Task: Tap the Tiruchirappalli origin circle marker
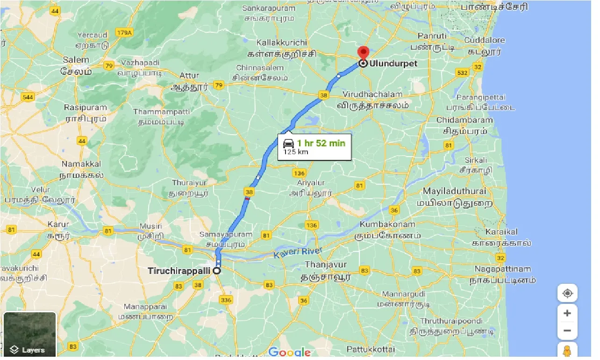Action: coord(217,271)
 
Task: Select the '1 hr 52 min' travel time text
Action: coord(321,143)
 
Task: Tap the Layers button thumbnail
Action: coord(30,334)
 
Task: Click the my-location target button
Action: coord(567,294)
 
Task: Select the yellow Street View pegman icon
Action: coord(567,351)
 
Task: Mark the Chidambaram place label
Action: coord(464,120)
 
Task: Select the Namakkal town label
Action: coord(81,164)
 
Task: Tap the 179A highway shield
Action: coord(125,33)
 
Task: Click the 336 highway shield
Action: coord(227,300)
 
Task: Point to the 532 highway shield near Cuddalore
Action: coord(462,73)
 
